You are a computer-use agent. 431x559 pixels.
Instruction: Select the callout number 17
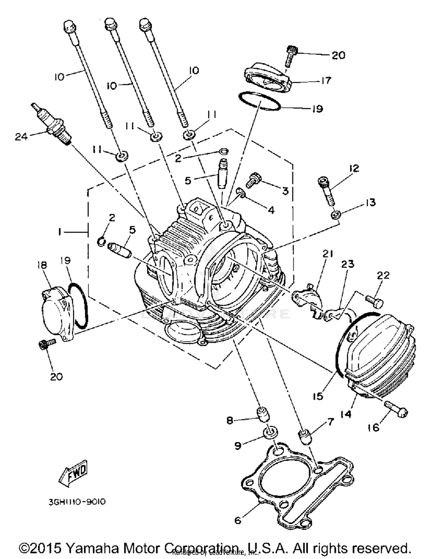[326, 80]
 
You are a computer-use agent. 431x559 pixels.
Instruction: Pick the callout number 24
[21, 137]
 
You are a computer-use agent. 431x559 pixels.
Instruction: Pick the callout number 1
[59, 231]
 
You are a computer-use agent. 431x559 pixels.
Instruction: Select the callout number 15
[318, 396]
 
